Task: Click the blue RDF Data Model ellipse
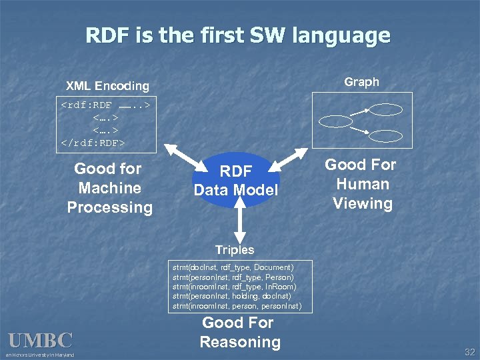pyautogui.click(x=236, y=180)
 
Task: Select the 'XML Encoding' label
pyautogui.click(x=107, y=86)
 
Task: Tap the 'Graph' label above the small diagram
pyautogui.click(x=361, y=82)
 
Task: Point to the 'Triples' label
pyautogui.click(x=235, y=250)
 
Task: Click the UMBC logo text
pyautogui.click(x=40, y=341)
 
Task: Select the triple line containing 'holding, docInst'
pyautogui.click(x=231, y=296)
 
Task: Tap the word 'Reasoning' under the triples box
pyautogui.click(x=239, y=342)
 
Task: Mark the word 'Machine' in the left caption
pyautogui.click(x=109, y=188)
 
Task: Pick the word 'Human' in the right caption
pyautogui.click(x=363, y=184)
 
